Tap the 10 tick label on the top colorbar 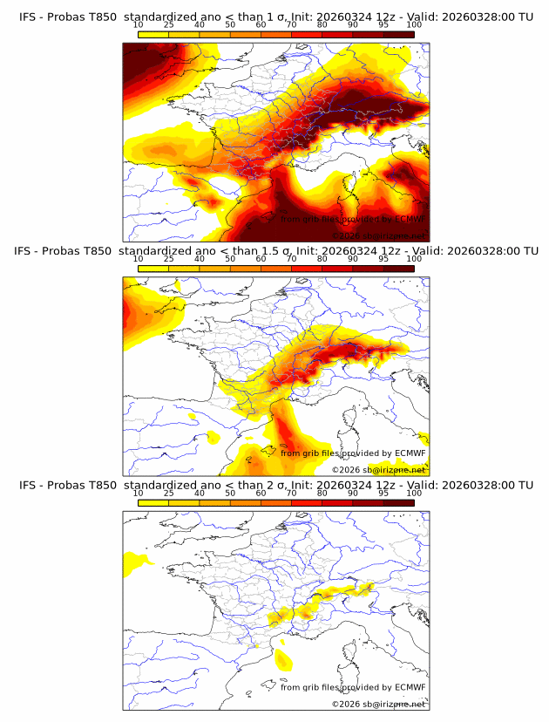[x=139, y=25]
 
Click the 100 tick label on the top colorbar [x=414, y=25]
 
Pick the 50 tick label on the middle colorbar [x=230, y=259]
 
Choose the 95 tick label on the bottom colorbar [x=383, y=493]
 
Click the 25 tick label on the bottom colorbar [x=169, y=493]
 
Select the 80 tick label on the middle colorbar [x=322, y=259]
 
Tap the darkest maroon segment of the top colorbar [x=398, y=34]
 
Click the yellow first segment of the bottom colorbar [x=153, y=502]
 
